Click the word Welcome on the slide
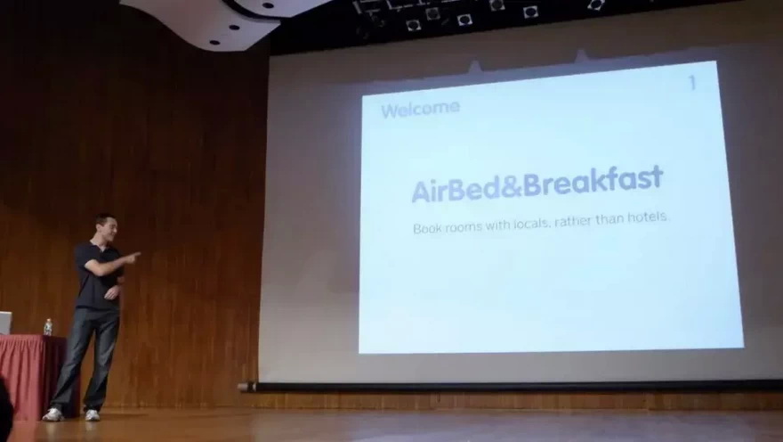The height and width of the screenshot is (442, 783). pyautogui.click(x=420, y=109)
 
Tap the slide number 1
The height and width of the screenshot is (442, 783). pyautogui.click(x=692, y=83)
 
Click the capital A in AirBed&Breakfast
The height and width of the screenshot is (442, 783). pyautogui.click(x=421, y=192)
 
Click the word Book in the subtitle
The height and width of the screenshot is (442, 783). pyautogui.click(x=427, y=228)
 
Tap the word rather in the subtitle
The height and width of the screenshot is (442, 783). pyautogui.click(x=572, y=220)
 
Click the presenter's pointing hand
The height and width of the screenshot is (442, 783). pyautogui.click(x=132, y=258)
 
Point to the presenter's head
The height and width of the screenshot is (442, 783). pyautogui.click(x=106, y=228)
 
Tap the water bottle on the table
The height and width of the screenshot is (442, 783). pyautogui.click(x=47, y=327)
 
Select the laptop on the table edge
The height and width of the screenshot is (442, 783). pyautogui.click(x=5, y=323)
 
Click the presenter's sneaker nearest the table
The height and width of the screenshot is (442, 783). pyautogui.click(x=52, y=414)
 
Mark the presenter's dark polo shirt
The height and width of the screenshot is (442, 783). pyautogui.click(x=96, y=276)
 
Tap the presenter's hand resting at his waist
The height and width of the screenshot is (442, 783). pyautogui.click(x=112, y=292)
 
